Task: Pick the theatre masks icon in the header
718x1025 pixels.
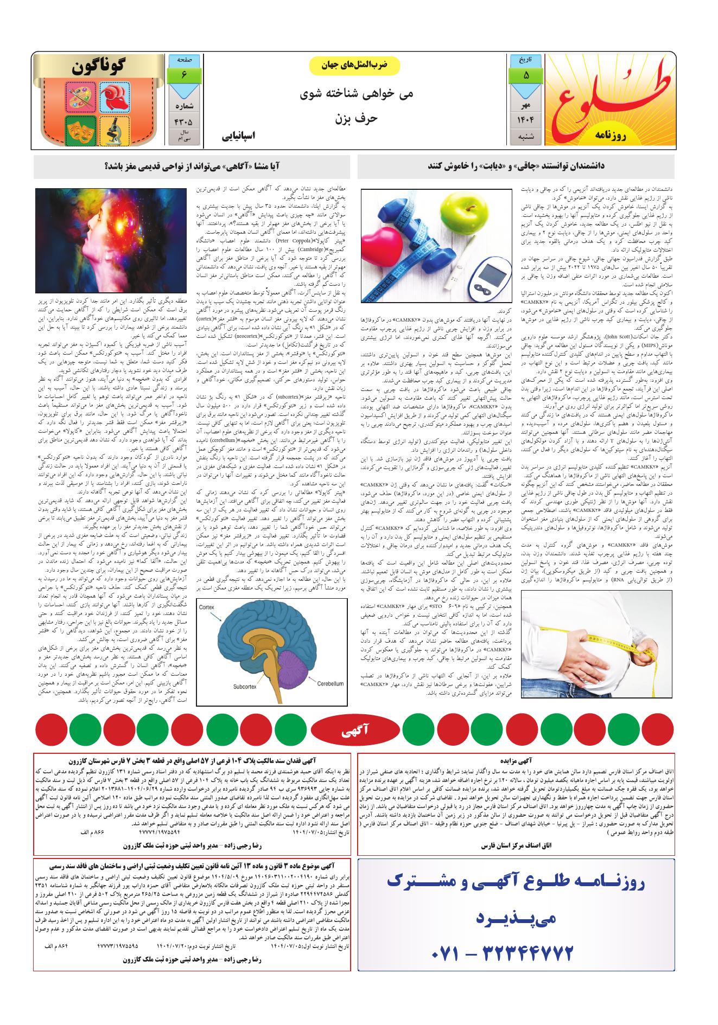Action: click(x=80, y=130)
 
